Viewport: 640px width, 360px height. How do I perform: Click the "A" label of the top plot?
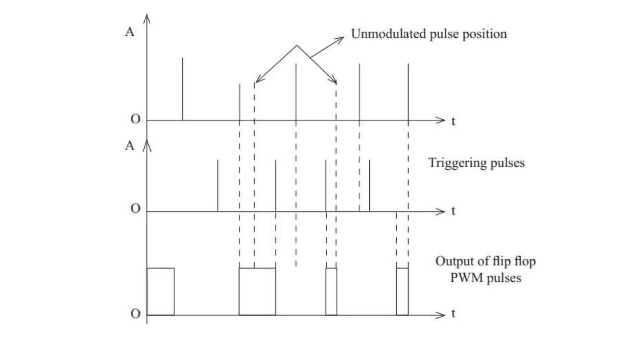(130, 32)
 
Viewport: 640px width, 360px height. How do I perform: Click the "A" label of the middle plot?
(130, 146)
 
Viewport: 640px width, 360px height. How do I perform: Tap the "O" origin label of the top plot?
(135, 119)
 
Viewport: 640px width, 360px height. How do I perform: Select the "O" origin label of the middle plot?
(135, 208)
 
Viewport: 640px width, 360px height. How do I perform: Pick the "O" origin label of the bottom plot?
(135, 314)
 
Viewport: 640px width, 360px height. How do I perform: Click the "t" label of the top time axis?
(453, 121)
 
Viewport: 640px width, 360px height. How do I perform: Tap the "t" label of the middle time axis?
(453, 211)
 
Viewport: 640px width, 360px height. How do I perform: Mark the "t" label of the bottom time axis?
(453, 313)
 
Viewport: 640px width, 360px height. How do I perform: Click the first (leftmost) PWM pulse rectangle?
(160, 292)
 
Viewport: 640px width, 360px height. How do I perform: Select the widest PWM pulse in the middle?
(257, 292)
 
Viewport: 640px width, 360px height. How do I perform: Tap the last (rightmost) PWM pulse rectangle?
(402, 292)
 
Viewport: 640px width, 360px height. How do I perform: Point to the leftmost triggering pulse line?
(218, 186)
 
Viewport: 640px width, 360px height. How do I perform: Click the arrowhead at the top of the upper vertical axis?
(147, 18)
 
